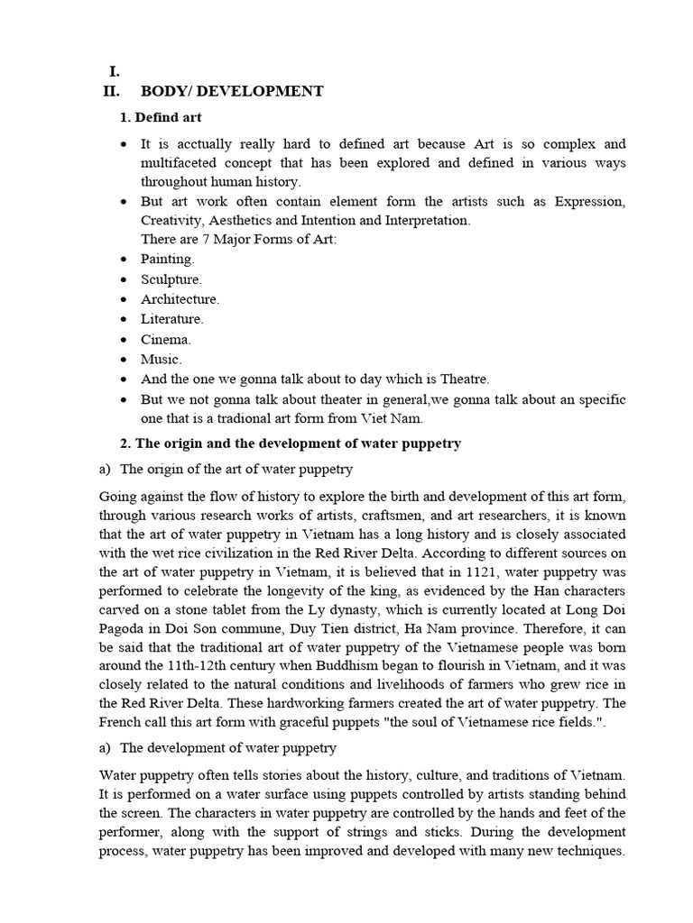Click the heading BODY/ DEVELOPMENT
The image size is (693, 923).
tap(232, 91)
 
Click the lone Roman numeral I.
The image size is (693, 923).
tap(115, 71)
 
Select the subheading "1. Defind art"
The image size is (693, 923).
tap(161, 117)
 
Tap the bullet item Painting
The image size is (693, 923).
tap(167, 259)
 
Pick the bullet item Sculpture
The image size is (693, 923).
tap(171, 279)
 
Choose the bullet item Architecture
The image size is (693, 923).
tap(180, 299)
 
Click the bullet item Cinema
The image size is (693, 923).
tap(165, 340)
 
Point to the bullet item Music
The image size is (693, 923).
tap(161, 360)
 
